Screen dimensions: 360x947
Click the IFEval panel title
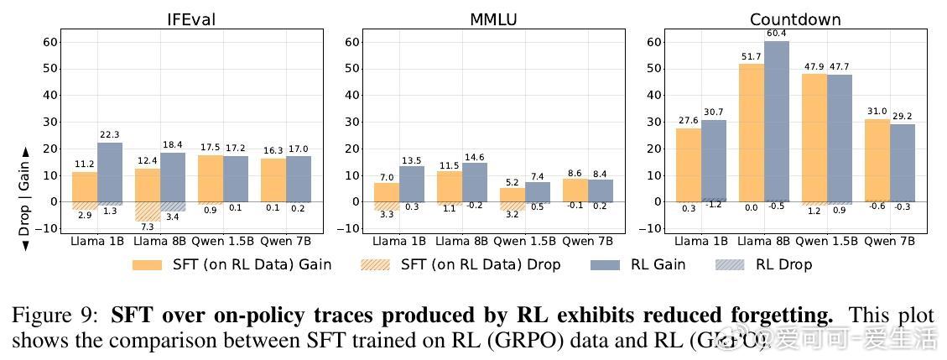coord(191,19)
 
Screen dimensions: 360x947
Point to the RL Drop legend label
coord(783,264)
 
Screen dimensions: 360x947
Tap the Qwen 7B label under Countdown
coord(889,241)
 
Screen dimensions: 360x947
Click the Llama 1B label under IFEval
coord(98,241)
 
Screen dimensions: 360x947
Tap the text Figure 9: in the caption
coord(57,316)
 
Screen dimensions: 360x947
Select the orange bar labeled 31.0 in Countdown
coord(877,160)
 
